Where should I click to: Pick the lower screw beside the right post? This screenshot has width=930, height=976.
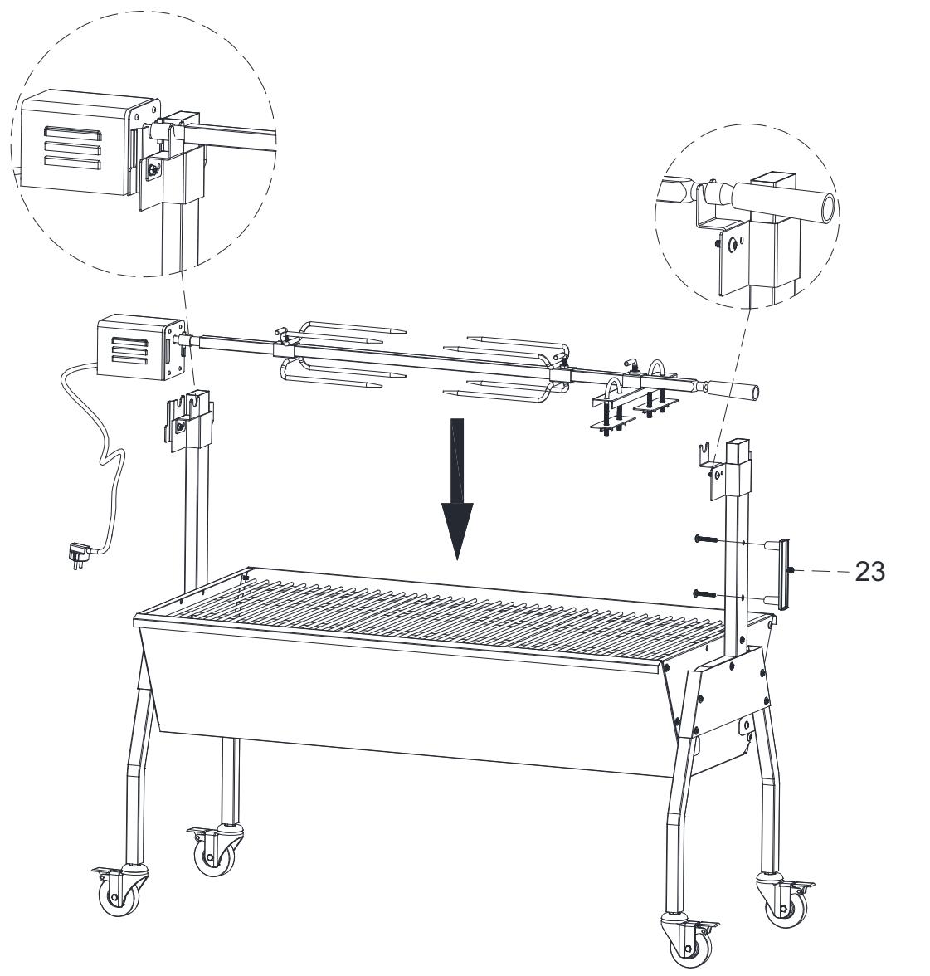point(704,593)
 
